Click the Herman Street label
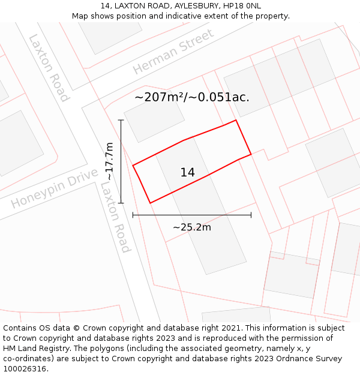[173, 52]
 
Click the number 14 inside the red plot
[187, 173]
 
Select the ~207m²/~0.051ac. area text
[191, 97]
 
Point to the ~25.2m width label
[191, 227]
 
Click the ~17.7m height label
[109, 161]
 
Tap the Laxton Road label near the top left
[49, 68]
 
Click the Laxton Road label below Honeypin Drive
[115, 217]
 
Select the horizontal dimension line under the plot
[191, 215]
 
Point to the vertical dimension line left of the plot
[121, 161]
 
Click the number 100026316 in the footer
[23, 369]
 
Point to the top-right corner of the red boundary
[236, 120]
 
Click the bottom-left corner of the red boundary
[150, 203]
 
